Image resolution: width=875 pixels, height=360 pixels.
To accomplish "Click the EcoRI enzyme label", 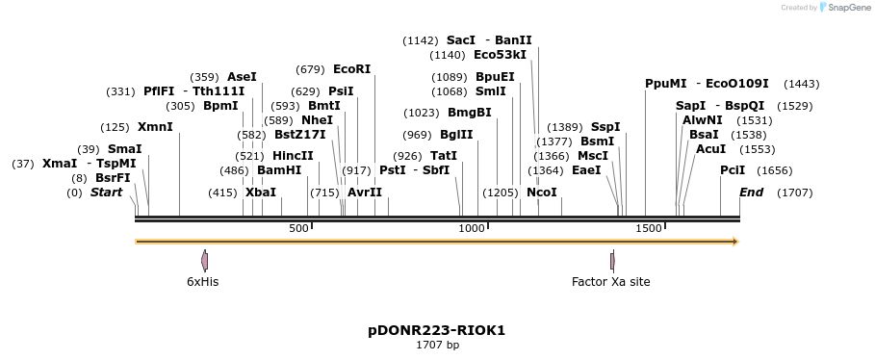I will [x=351, y=69].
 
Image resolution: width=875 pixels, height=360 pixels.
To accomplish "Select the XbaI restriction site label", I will [x=261, y=193].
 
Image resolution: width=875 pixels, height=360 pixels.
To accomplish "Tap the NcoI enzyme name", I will [x=542, y=193].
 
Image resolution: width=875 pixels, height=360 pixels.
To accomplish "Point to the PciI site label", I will [x=733, y=169].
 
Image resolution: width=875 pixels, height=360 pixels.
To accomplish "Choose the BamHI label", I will [x=279, y=169].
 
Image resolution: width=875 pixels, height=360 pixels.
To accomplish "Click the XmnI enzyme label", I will [x=155, y=127].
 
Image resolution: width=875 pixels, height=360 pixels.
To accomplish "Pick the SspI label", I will [x=605, y=127].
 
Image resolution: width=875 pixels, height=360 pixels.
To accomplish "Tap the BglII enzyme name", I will [x=456, y=135].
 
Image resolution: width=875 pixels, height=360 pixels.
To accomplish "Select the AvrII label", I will [x=365, y=193].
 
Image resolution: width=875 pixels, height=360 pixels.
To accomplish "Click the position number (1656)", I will [x=774, y=169].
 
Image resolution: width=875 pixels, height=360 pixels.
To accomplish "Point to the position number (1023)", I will [x=421, y=113].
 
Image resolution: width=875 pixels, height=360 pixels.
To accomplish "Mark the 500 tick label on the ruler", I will [x=298, y=228].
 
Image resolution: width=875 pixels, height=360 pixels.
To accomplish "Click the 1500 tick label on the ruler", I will [x=649, y=228].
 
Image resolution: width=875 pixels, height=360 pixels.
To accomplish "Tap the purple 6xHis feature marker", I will [x=204, y=260].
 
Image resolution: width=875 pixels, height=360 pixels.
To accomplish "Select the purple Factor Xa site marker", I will [x=612, y=260].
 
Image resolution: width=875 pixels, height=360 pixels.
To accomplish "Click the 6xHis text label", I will [x=202, y=282].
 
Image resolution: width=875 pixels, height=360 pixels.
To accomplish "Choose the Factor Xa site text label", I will [x=610, y=282].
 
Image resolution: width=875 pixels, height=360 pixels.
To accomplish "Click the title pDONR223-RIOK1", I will [x=436, y=330].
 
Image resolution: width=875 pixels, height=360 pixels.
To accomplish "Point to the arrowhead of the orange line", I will [x=735, y=242].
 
